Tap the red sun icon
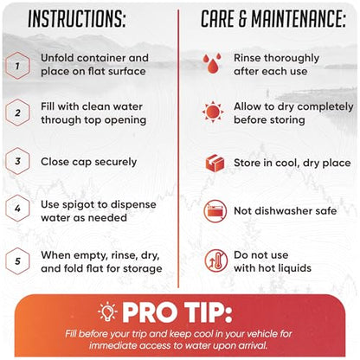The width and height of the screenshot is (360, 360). coord(213,112)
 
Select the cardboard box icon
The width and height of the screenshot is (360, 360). coord(215,163)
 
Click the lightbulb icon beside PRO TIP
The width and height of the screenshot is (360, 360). coord(107,312)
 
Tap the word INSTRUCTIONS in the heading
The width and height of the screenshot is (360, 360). coord(77,19)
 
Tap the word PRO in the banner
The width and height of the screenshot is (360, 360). coord(150,312)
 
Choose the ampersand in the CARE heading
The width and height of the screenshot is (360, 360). coord(242,19)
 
